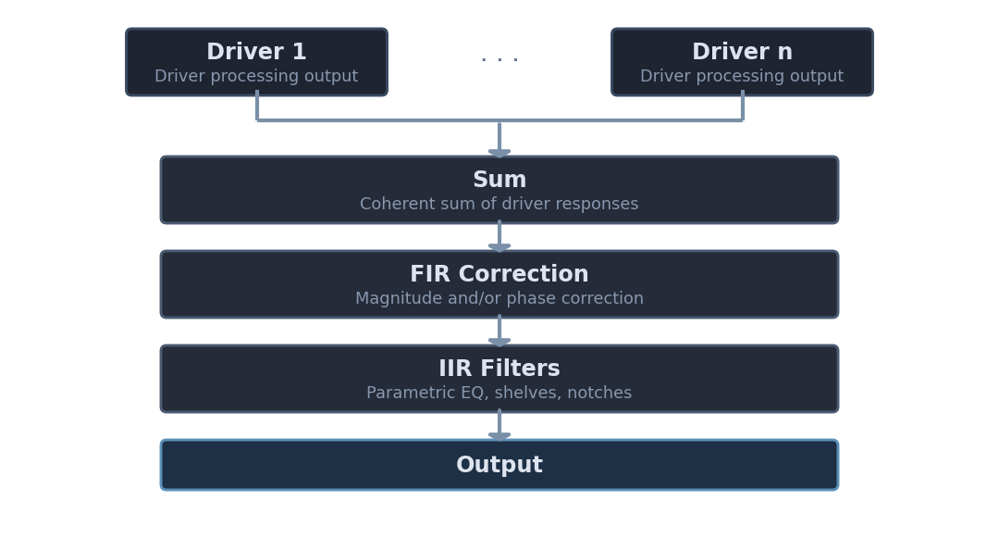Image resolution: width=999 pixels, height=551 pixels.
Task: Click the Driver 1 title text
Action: pos(256,53)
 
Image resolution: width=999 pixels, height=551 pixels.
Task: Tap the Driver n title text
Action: pos(742,53)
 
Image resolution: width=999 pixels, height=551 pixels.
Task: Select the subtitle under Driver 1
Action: pos(256,77)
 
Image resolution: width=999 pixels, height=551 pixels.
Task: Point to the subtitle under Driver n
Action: pos(742,77)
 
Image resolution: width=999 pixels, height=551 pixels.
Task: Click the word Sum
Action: pos(499,181)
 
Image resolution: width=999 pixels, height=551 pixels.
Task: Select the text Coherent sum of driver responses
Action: pos(499,205)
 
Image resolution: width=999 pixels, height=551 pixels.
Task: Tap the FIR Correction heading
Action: pos(499,275)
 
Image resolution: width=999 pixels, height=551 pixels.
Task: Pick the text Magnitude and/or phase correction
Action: pos(499,299)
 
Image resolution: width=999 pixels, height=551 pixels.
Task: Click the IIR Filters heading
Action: pos(499,369)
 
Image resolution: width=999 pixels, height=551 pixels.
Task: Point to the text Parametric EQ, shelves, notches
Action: pos(499,394)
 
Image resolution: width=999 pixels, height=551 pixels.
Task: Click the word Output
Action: pos(499,466)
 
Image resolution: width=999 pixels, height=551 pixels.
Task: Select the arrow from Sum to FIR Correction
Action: pos(499,236)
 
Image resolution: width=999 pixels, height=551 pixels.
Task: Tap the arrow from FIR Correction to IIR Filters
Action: pos(499,331)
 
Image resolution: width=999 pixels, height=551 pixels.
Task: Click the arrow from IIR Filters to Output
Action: pos(499,425)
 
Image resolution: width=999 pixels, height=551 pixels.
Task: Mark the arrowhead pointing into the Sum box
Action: pos(499,153)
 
